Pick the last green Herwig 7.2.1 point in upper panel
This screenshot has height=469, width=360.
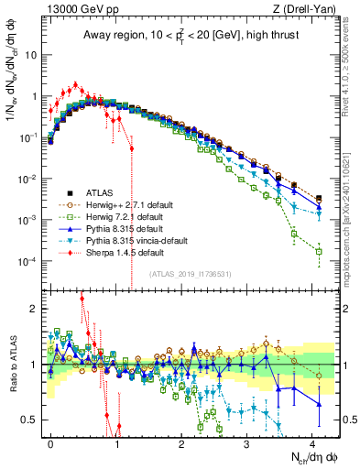coord(319,251)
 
